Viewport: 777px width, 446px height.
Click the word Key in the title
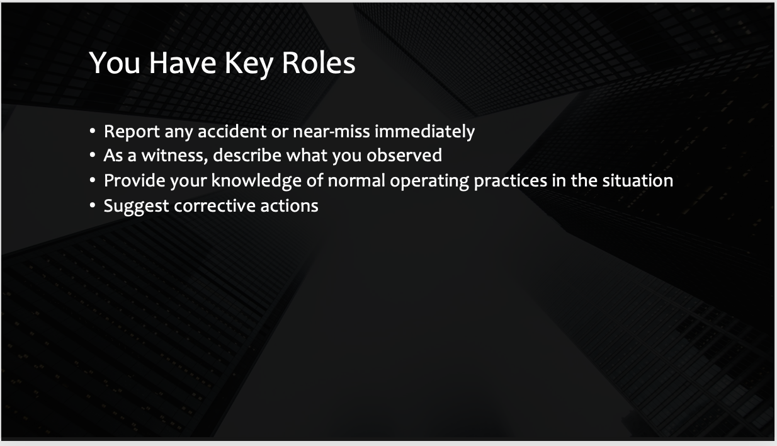pos(248,64)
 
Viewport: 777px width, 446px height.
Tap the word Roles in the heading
pos(319,63)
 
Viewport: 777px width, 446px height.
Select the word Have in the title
pos(183,62)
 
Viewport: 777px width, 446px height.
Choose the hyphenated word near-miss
pos(331,131)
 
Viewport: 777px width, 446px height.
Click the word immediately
pos(424,132)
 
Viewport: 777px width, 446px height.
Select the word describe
pos(247,155)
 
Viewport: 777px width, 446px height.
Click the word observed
pos(404,155)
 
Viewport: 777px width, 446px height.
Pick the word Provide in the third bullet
pos(135,181)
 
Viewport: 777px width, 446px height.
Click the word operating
pos(429,181)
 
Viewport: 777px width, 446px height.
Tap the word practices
pos(510,181)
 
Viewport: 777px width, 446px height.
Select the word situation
pos(638,181)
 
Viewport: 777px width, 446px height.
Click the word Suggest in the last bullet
pos(137,207)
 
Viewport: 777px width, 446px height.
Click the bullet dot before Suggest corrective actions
pos(93,205)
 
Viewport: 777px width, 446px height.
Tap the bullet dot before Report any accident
pos(93,131)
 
